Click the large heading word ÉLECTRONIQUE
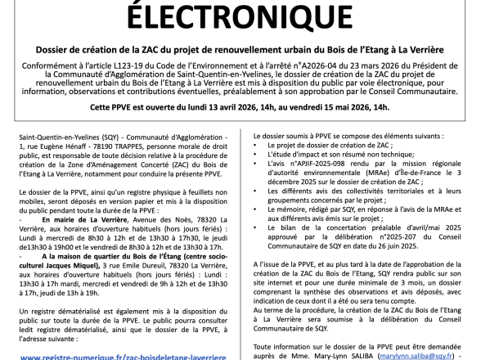point(240,16)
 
